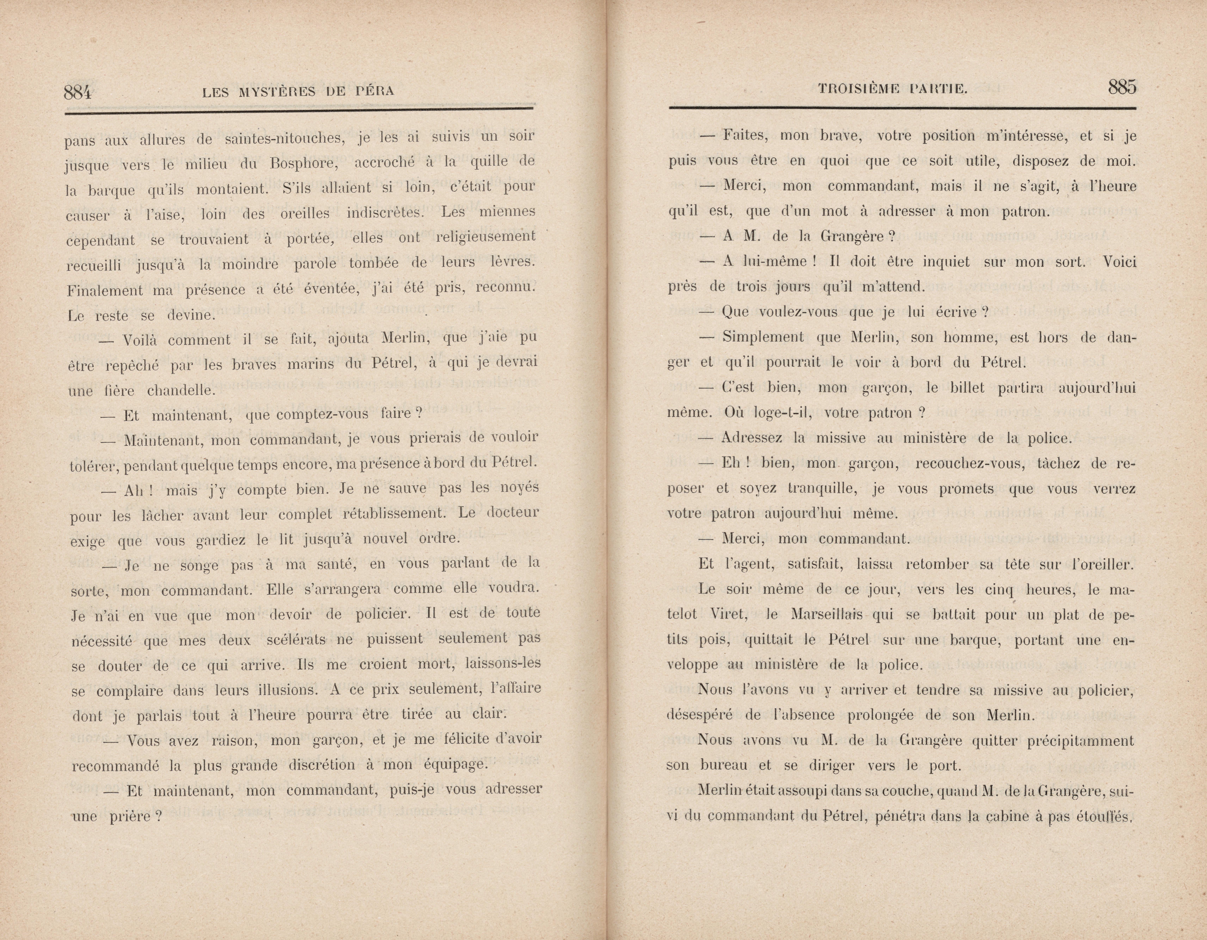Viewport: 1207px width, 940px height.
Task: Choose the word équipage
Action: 455,765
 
